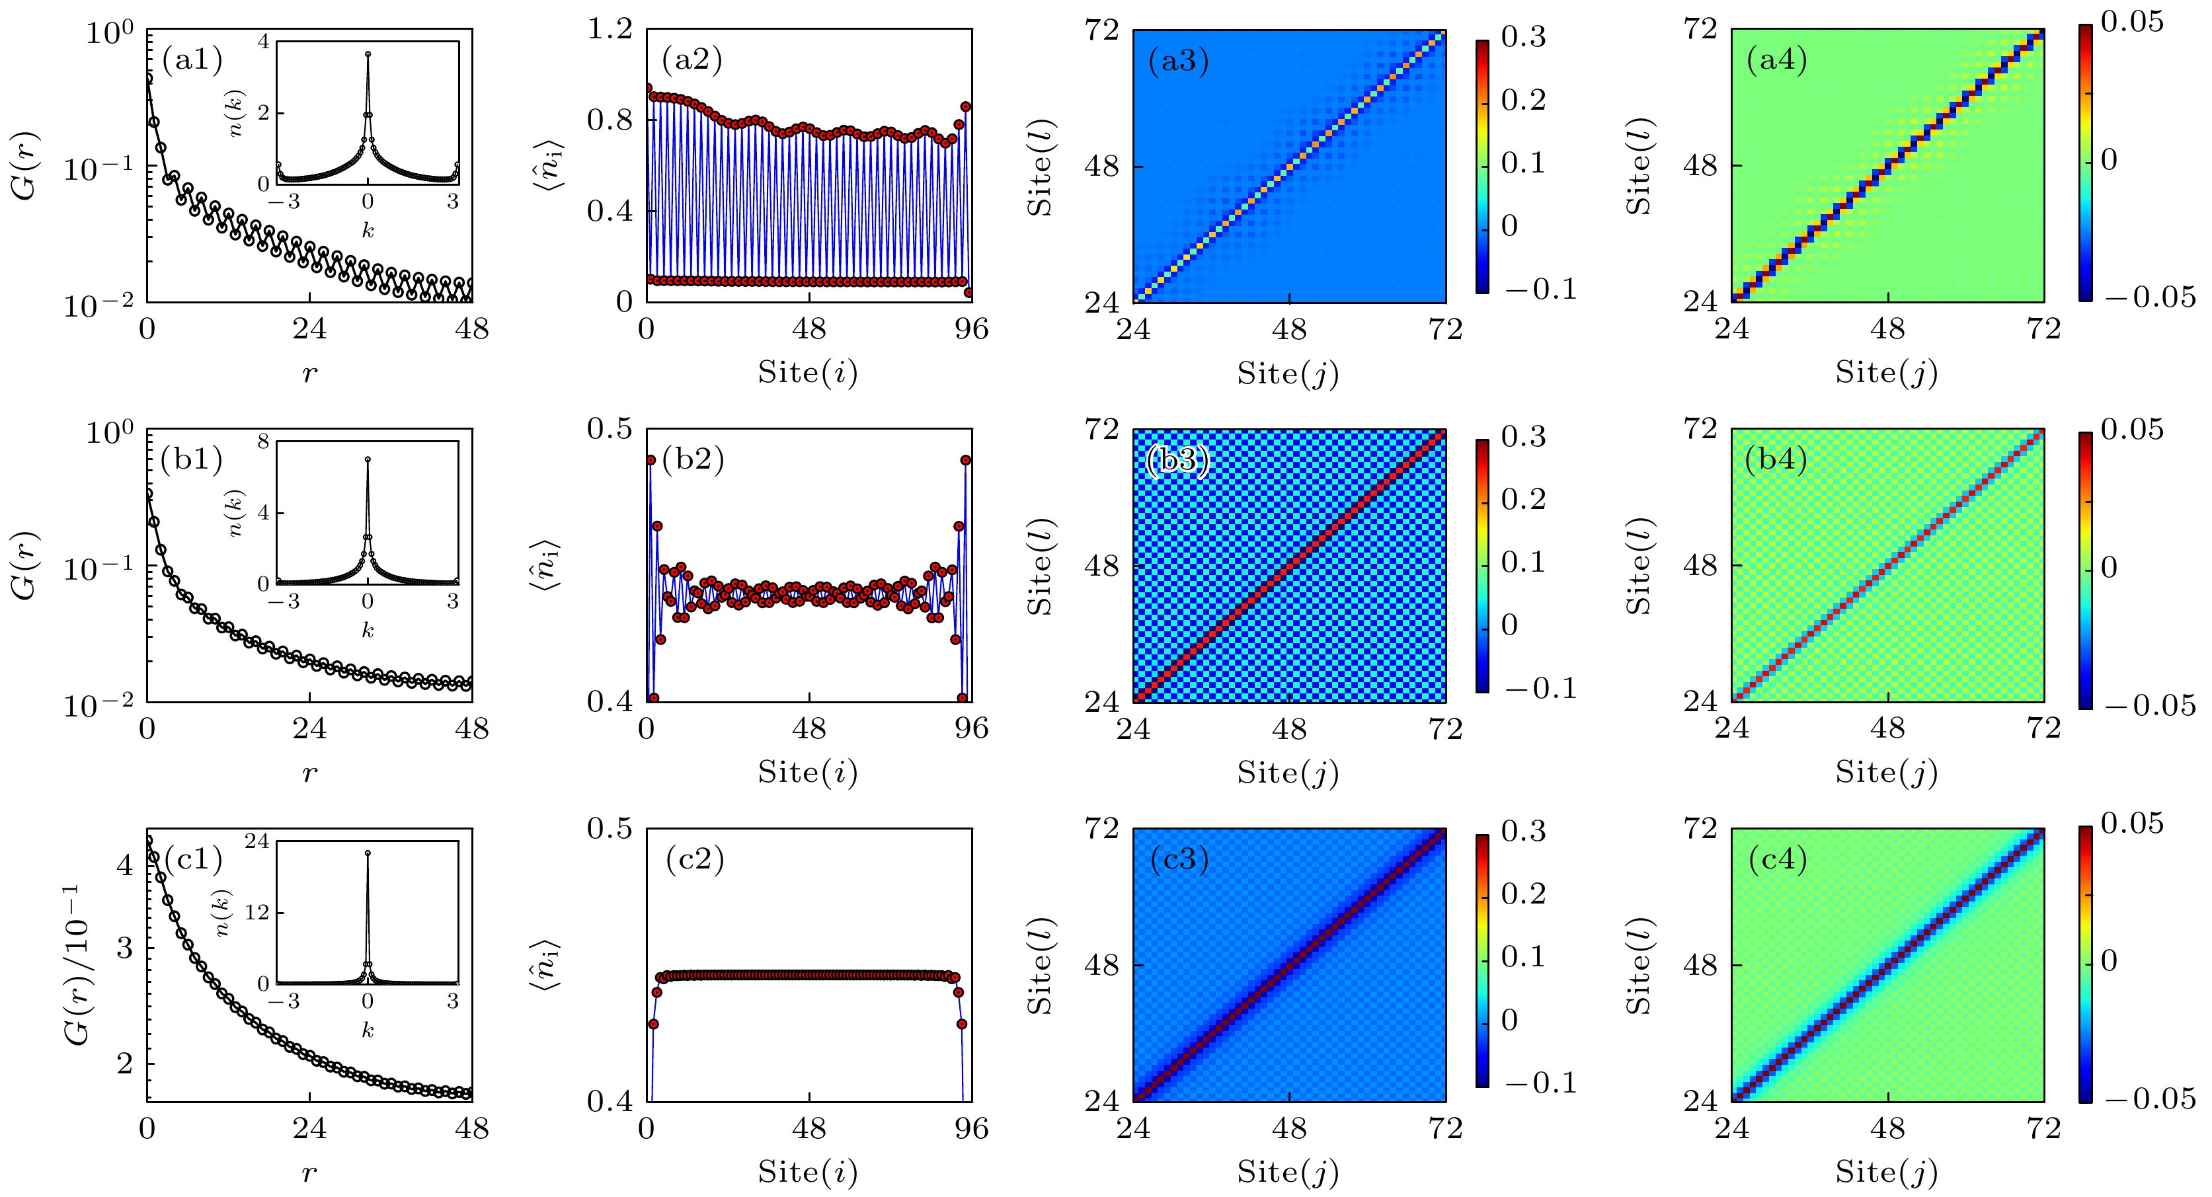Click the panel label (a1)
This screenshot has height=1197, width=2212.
(192, 59)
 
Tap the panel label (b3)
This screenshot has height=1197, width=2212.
(1178, 460)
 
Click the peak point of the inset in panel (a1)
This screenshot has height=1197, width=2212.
(368, 54)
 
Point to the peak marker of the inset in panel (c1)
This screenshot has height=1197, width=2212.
(368, 853)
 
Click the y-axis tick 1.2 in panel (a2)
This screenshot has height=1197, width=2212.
(610, 30)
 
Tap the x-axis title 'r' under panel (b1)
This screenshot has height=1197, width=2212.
(309, 773)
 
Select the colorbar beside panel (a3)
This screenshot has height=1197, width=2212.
(1482, 167)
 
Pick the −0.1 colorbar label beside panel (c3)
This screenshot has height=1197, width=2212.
(1540, 1083)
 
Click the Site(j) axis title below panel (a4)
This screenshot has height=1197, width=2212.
(1887, 373)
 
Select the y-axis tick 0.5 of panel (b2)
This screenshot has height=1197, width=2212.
(610, 428)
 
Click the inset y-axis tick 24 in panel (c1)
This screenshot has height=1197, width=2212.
(257, 841)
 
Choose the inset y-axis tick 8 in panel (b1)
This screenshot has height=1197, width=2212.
(262, 442)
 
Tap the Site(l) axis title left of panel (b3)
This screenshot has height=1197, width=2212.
(1040, 565)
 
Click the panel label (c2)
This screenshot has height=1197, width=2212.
(695, 859)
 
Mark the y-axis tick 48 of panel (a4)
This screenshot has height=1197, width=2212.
(1700, 166)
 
